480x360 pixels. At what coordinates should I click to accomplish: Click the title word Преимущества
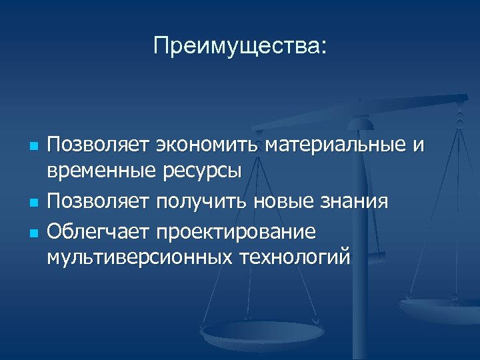239,46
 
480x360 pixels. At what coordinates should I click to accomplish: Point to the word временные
101,171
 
